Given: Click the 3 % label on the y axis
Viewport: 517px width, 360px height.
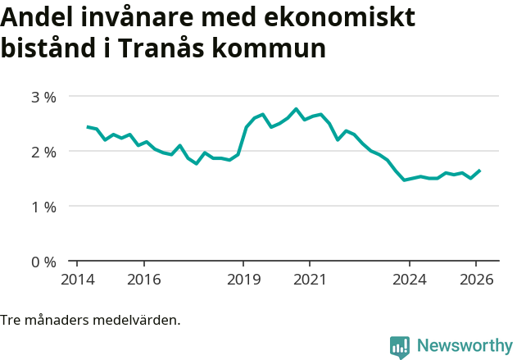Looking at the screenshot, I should coord(43,97).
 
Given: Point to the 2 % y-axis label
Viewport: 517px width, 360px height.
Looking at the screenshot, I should coord(43,152).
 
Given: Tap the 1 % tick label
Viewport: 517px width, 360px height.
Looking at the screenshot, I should coord(43,207).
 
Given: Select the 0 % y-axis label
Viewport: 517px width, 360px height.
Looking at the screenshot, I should coord(43,262).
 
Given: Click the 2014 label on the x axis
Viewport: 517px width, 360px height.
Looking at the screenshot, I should coord(77,279).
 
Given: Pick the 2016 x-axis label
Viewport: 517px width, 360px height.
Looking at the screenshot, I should coord(143,279).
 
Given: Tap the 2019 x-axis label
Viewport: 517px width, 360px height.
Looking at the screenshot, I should coord(243,279).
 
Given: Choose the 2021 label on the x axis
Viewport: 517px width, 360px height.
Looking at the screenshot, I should coord(310,279).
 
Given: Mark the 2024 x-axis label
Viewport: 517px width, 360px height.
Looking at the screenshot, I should coord(410,279).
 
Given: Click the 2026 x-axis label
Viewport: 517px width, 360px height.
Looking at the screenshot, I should coord(476,279).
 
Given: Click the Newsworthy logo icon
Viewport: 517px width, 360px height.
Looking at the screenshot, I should coord(400,346).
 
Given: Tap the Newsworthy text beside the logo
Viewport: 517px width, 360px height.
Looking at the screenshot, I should coord(464,346).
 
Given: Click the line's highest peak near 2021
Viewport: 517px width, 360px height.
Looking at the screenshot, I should coord(296,108).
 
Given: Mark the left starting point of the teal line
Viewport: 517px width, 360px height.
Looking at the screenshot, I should coord(88,126).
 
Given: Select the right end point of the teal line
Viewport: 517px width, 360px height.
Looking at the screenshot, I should coord(479,171).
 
